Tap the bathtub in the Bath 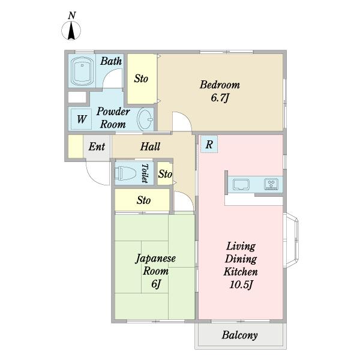click(x=82, y=71)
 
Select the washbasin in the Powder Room click(x=145, y=119)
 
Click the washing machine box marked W click(x=81, y=119)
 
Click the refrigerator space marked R click(x=209, y=144)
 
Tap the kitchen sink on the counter click(x=241, y=184)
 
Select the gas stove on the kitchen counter click(x=271, y=184)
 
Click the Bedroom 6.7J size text click(x=220, y=98)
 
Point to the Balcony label click(x=239, y=335)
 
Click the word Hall click(x=150, y=146)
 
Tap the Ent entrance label click(x=97, y=146)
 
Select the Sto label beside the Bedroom click(x=141, y=79)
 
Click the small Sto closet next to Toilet click(x=165, y=173)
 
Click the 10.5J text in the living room click(x=241, y=284)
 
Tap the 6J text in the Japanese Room click(x=155, y=284)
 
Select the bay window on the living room click(x=291, y=241)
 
